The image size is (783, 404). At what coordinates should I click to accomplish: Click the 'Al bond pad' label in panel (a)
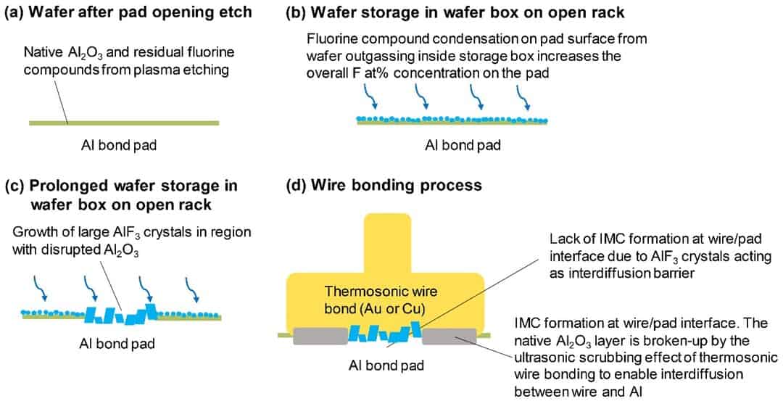click(119, 145)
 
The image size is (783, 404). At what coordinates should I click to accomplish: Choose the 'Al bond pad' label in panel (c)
click(117, 343)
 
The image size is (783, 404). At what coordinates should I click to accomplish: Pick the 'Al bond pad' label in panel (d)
click(385, 365)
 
